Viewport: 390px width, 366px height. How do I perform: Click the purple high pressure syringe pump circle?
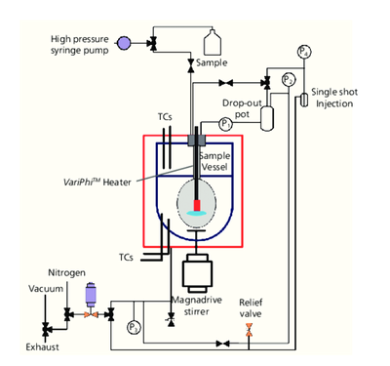point(124,43)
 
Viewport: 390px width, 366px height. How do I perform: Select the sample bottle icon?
point(213,42)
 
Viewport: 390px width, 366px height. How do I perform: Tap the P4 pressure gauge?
point(304,52)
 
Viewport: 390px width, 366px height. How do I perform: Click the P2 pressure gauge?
point(289,80)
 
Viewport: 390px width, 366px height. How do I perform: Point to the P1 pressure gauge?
point(225,124)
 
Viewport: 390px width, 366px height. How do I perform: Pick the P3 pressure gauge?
point(134,327)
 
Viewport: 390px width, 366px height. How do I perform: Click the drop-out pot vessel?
point(267,118)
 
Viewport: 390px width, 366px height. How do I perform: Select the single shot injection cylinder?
point(304,100)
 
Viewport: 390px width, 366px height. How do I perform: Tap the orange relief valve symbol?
point(249,330)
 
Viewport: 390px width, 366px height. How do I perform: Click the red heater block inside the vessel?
point(197,205)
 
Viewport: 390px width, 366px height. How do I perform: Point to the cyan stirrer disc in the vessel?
point(197,213)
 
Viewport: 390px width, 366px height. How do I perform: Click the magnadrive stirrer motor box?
point(197,273)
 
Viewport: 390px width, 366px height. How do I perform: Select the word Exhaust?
point(43,347)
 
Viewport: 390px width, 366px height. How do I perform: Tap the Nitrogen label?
point(67,272)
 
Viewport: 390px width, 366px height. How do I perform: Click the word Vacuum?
point(46,289)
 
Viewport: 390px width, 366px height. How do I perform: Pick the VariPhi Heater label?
point(97,182)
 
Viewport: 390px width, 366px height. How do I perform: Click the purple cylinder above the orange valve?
point(91,295)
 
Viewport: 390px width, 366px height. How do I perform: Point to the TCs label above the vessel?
point(165,117)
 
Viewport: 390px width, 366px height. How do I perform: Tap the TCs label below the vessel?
point(126,258)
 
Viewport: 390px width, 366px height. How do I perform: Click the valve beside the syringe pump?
point(152,43)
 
